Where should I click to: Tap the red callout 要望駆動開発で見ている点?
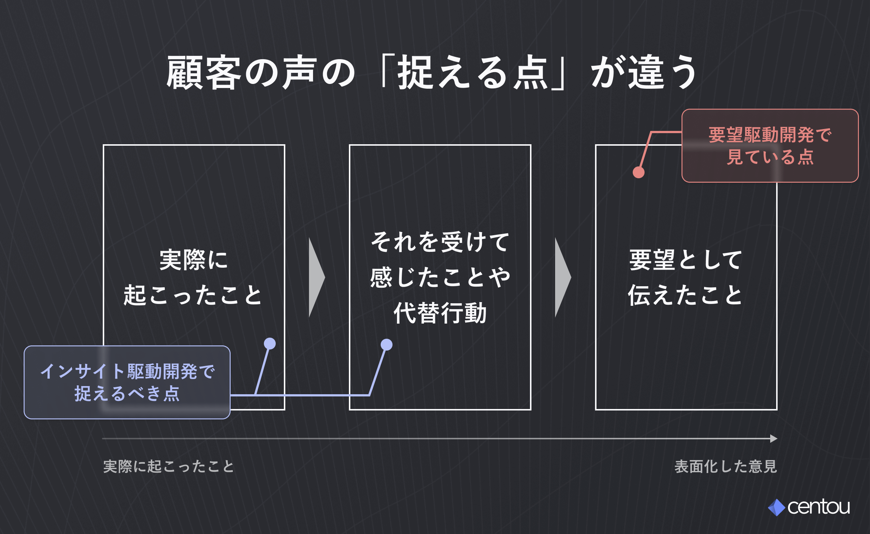770,146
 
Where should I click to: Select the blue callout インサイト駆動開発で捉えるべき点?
127,382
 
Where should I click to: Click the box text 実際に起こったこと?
193,277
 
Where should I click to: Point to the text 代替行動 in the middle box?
440,313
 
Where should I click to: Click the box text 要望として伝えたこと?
686,277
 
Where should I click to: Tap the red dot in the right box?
639,172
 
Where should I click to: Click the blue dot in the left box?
270,344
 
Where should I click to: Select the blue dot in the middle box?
387,345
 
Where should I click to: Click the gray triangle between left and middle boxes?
316,277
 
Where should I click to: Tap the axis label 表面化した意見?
726,467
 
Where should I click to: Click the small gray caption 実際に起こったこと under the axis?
169,467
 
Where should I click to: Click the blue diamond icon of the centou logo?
777,507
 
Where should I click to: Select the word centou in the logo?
819,507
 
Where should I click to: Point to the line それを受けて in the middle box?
440,242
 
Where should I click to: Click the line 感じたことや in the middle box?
440,277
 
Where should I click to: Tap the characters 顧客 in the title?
204,72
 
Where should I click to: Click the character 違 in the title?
646,72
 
